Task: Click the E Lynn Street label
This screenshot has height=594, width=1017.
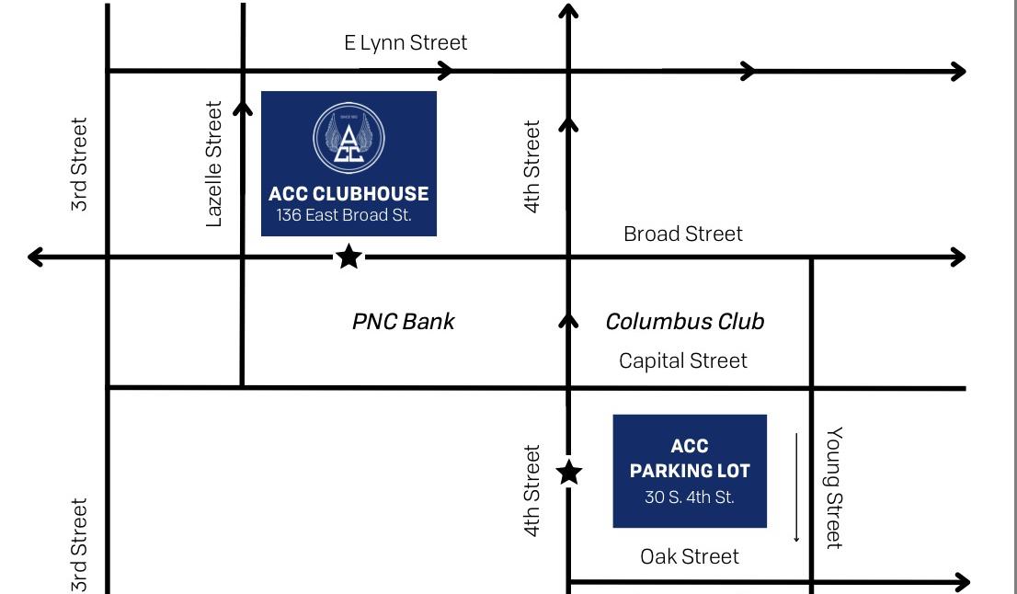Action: pos(406,43)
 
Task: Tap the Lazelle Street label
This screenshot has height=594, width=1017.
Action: pos(213,164)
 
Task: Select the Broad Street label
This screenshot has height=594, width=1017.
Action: pos(683,234)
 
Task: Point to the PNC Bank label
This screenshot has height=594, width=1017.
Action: pos(404,322)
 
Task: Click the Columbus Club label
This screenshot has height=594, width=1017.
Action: pos(685,322)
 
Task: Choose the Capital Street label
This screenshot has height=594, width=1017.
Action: pos(683,360)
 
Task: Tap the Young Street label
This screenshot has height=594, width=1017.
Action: pos(834,487)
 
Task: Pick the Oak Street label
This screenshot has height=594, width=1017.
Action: pos(690,556)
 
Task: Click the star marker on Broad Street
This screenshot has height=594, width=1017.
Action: pos(349,257)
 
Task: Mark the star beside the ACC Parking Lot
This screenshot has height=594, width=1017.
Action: pos(569,472)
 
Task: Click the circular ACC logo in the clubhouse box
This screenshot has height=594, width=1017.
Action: pos(349,138)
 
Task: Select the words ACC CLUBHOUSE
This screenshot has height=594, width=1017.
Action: pos(349,193)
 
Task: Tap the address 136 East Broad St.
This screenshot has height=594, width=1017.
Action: pos(344,215)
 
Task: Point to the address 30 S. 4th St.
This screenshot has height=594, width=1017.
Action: pos(690,497)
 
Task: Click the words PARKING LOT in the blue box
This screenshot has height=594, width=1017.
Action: pos(690,471)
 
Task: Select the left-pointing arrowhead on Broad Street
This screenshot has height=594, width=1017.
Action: pos(35,257)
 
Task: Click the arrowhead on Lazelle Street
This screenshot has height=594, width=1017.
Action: pos(243,108)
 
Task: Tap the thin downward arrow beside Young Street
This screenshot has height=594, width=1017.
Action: pos(796,487)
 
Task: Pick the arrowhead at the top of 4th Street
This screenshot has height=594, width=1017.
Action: pos(568,11)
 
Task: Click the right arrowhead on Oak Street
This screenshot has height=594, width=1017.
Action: pos(962,582)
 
